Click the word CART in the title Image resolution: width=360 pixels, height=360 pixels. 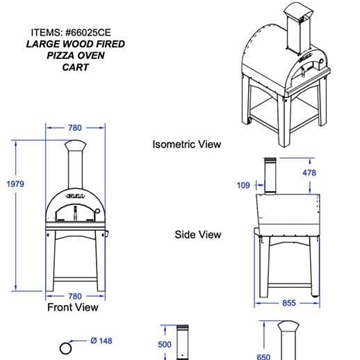click(x=76, y=67)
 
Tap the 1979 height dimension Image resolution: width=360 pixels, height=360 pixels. click(x=15, y=184)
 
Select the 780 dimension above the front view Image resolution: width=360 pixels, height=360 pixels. click(x=75, y=128)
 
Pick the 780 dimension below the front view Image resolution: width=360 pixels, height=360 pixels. click(x=75, y=296)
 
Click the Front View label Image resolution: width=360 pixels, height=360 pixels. click(x=73, y=307)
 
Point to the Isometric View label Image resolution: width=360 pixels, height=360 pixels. click(x=187, y=144)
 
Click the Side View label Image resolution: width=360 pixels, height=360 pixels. click(x=198, y=234)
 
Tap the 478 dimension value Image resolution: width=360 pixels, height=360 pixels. click(x=309, y=173)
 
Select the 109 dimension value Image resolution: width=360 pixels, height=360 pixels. click(x=243, y=185)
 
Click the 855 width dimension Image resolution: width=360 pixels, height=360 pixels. click(x=289, y=303)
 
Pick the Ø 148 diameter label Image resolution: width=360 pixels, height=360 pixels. click(x=101, y=341)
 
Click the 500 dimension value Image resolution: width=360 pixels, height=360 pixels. click(x=164, y=344)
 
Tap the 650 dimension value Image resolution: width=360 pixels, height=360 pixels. click(x=263, y=357)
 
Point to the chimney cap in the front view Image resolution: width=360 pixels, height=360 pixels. click(x=75, y=145)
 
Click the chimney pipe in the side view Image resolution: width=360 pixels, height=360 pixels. click(x=269, y=176)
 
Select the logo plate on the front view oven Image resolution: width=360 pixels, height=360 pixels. click(x=75, y=195)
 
